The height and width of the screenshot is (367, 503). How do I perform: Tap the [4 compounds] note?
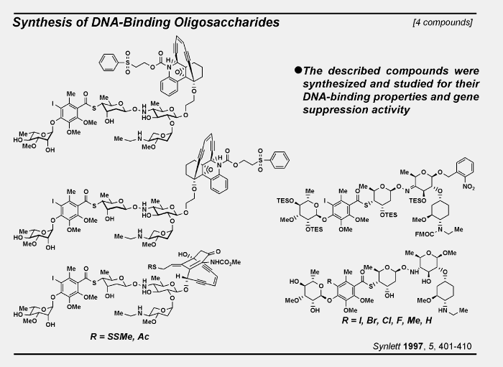(x=443, y=22)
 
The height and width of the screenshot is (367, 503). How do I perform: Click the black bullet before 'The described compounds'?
(x=298, y=70)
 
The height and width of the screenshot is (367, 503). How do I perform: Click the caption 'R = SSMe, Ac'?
(x=119, y=336)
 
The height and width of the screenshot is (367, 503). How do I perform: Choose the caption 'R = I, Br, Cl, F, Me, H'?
(x=387, y=320)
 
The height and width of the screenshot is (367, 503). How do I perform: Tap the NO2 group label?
(x=469, y=187)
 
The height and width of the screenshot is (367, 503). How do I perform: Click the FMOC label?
(x=424, y=234)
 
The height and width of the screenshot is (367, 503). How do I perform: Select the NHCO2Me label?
(x=225, y=262)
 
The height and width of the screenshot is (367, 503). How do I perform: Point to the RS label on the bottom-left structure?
(x=152, y=266)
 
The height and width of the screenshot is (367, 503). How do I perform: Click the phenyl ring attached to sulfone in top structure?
(x=109, y=62)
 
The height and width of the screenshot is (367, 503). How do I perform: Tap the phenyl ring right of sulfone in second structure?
(x=280, y=159)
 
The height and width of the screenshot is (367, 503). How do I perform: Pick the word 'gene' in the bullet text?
(x=467, y=97)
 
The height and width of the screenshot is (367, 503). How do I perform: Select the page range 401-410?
(x=455, y=346)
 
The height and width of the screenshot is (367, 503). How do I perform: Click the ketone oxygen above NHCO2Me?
(x=218, y=251)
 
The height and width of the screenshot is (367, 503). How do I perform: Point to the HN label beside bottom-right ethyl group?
(x=443, y=310)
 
